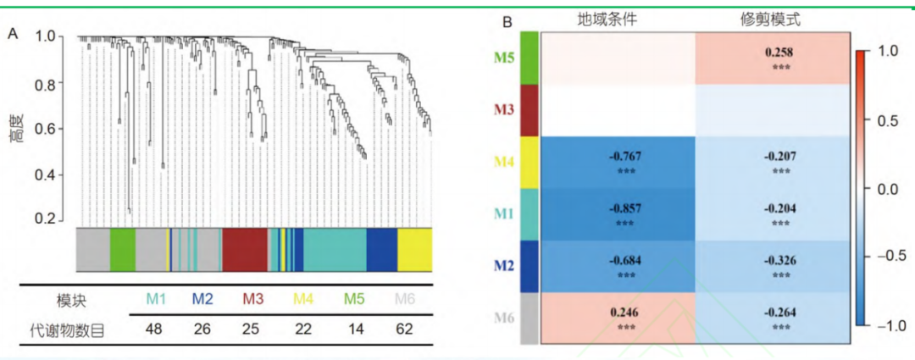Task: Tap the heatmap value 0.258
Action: coord(779,53)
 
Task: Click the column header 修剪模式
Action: coord(771,19)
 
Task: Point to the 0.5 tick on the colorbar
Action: coord(886,120)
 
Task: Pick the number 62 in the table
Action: coord(403,329)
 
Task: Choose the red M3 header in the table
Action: coord(253,299)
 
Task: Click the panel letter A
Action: coord(13,33)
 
